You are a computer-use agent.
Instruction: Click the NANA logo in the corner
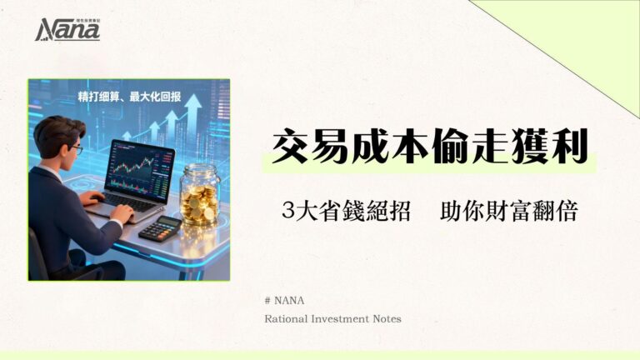[x=67, y=30]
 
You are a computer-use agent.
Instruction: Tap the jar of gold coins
[x=199, y=195]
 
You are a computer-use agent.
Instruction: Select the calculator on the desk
[x=160, y=228]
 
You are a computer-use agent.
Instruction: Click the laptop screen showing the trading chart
[x=140, y=167]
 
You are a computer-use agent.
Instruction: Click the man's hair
[x=57, y=129]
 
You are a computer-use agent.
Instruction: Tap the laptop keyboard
[x=125, y=202]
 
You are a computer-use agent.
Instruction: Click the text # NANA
[x=279, y=300]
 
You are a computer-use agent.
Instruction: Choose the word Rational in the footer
[x=287, y=317]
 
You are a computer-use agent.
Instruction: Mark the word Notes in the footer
[x=390, y=317]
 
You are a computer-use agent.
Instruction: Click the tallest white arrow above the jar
[x=192, y=108]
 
